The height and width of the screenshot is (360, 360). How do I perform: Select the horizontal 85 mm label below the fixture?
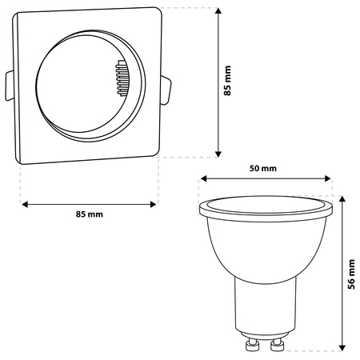pyautogui.click(x=90, y=214)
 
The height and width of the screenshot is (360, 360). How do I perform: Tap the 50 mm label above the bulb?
pyautogui.click(x=263, y=168)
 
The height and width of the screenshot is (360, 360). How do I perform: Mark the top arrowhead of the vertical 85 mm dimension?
pyautogui.click(x=218, y=12)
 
